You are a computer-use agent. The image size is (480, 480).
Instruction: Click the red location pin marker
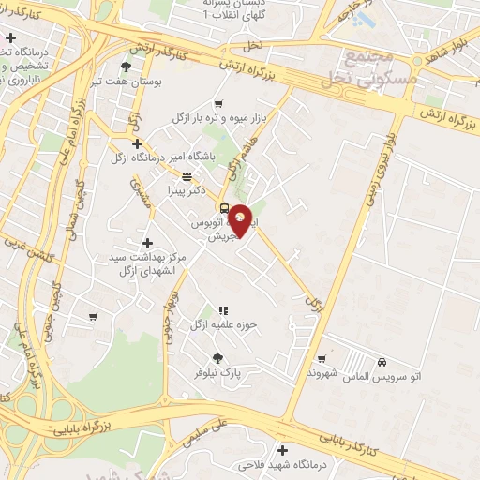point(241,220)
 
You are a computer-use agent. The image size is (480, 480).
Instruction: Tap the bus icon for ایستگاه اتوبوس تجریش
point(224,208)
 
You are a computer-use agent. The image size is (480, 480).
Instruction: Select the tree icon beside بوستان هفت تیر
point(127,67)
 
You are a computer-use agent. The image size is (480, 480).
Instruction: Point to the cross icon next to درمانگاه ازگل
point(138,143)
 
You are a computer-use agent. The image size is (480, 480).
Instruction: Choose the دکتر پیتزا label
point(187,190)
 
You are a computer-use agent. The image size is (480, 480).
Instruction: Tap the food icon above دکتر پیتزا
point(187,176)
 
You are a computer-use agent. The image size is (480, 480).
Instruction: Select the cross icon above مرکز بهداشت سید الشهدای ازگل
point(147,243)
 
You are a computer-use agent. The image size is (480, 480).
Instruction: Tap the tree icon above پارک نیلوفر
point(218,357)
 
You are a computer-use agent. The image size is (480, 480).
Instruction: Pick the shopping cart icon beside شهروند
point(322,357)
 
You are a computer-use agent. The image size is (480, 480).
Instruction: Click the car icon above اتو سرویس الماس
point(382,362)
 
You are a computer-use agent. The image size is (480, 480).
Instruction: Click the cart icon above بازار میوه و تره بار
point(218,104)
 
